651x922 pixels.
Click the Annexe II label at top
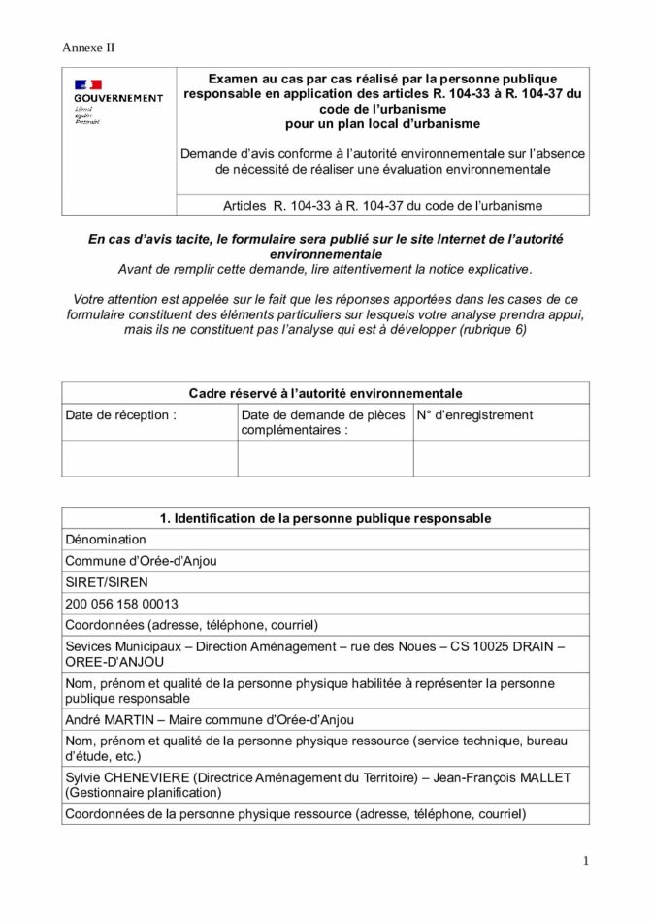[x=88, y=48]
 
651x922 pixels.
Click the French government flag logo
[x=88, y=84]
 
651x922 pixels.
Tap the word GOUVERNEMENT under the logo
[x=118, y=98]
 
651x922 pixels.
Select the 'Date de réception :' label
[x=121, y=415]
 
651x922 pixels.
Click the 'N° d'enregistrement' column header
[x=475, y=415]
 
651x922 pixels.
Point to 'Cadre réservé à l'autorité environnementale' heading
[x=325, y=393]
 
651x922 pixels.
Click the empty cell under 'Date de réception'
[x=149, y=458]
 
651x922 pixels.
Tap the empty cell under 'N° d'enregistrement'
[x=501, y=458]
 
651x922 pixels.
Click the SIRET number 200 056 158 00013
[x=121, y=604]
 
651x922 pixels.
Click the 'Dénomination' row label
[x=106, y=540]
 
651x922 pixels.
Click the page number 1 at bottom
[x=586, y=861]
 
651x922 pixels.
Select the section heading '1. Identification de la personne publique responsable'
[x=325, y=518]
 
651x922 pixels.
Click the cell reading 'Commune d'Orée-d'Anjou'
[x=141, y=561]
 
